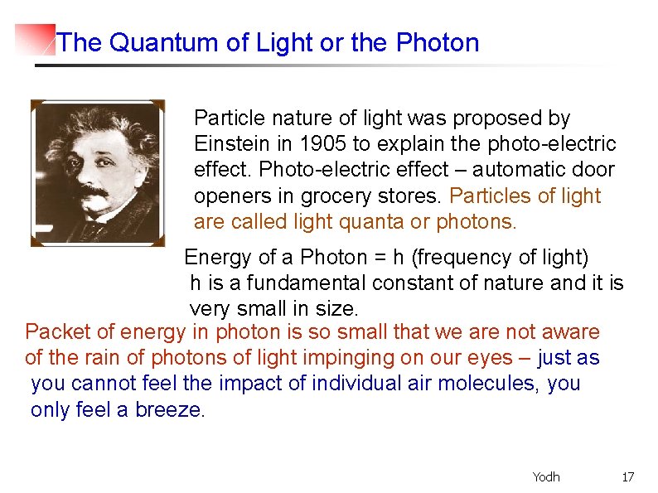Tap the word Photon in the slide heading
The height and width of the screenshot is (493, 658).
click(x=438, y=43)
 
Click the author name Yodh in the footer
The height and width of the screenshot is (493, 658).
click(x=546, y=476)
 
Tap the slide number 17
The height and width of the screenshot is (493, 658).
click(x=627, y=476)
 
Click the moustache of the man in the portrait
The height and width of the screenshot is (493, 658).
click(x=94, y=193)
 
